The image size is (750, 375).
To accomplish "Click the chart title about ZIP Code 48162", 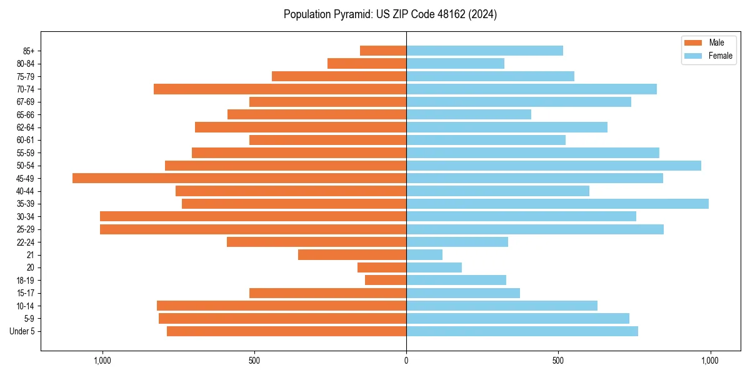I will [390, 14].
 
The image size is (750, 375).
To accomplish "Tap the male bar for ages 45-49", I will [239, 178].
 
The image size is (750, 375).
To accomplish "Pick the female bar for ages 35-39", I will [557, 204].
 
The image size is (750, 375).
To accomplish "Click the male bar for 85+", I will [383, 51].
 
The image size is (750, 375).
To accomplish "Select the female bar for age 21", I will [424, 255].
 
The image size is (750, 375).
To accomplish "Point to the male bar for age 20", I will [382, 267].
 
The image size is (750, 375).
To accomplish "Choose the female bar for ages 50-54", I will [554, 166].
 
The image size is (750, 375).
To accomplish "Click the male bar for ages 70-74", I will [280, 89].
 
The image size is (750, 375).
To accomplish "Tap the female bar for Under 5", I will [522, 331].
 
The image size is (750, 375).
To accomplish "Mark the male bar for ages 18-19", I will [386, 280].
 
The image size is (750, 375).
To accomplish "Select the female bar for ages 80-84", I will [455, 64].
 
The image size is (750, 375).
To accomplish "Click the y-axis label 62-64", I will [26, 127].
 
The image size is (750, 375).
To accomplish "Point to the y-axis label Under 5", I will [22, 331].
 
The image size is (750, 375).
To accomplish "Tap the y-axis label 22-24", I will [26, 242].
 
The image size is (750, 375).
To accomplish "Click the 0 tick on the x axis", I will [406, 361].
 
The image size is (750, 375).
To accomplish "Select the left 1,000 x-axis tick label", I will [102, 361].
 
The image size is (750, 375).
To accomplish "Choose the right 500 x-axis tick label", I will [558, 361].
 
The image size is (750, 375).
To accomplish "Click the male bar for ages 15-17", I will [327, 293].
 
